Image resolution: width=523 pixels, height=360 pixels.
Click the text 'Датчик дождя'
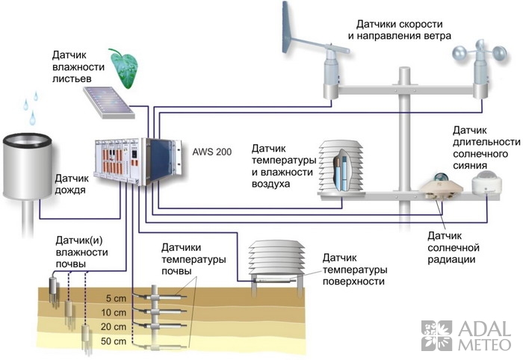[72, 184]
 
